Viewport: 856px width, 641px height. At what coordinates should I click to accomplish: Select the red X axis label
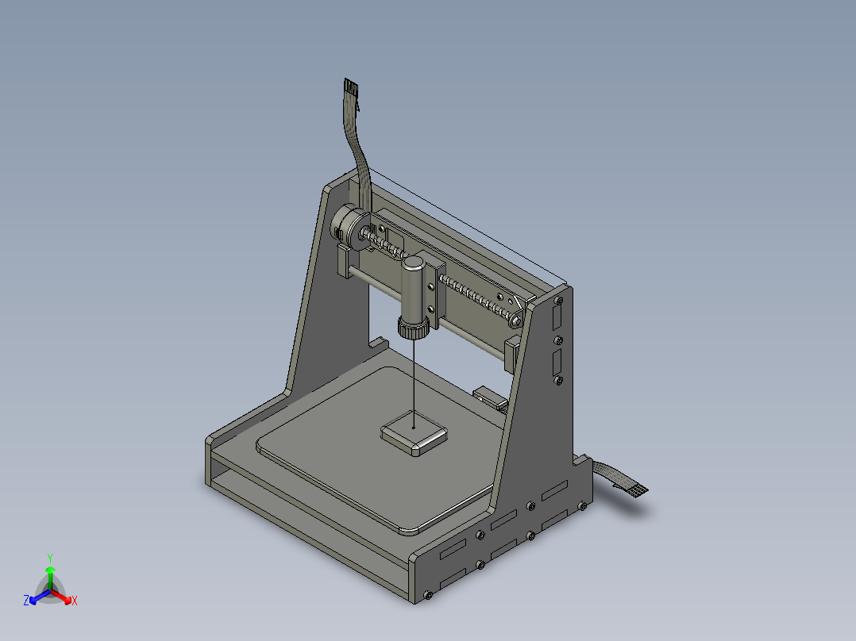coord(75,601)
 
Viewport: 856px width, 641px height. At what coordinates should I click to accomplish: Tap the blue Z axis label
coord(26,601)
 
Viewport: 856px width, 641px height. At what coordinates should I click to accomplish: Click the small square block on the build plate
coord(415,433)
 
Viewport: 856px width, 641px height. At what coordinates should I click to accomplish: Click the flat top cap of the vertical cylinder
coord(414,263)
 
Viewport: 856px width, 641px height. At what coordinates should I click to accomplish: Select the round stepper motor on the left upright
coord(350,228)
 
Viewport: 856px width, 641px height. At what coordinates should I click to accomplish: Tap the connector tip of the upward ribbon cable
coord(350,86)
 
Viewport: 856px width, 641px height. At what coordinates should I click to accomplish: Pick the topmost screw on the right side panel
coord(559,300)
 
